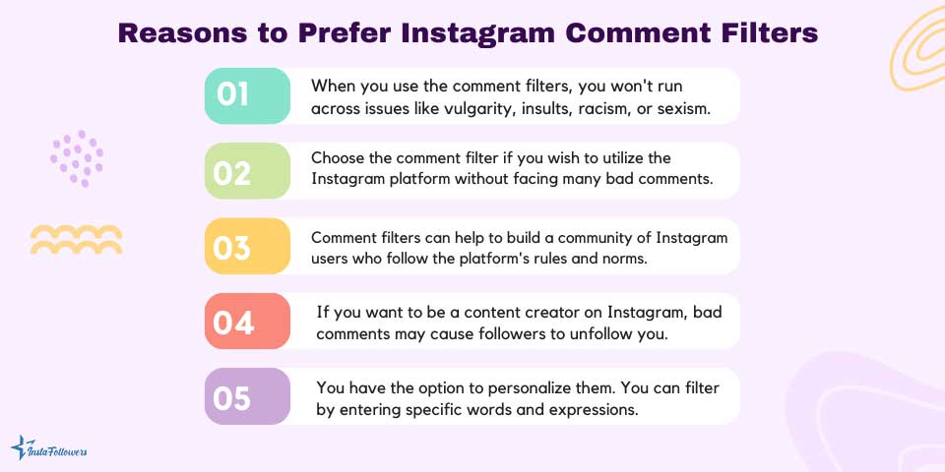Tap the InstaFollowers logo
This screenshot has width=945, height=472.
coord(49,449)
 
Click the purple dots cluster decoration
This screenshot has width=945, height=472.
coord(77,158)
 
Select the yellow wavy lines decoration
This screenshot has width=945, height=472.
coord(76,239)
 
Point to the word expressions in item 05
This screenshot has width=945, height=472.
coord(593,409)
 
